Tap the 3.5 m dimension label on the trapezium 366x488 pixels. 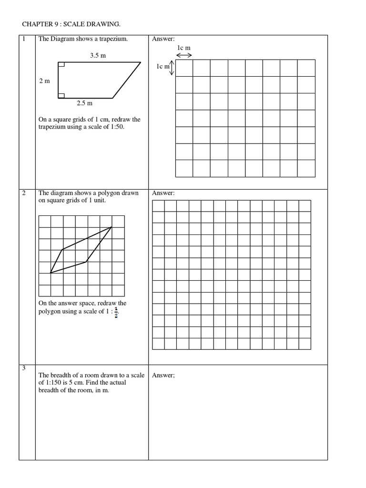[x=98, y=56]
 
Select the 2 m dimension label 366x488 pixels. [x=44, y=81]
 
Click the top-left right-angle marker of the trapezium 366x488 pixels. [x=61, y=64]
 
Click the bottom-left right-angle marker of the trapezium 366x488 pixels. [x=61, y=95]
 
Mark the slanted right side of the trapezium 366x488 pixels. [x=127, y=80]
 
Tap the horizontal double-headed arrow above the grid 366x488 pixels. [x=184, y=55]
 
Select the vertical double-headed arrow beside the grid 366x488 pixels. [x=173, y=67]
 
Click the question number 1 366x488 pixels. [x=22, y=39]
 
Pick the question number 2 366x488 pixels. [x=22, y=193]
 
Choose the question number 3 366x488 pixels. [x=22, y=368]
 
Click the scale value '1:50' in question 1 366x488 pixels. [x=115, y=127]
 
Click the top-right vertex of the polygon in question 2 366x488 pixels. [x=112, y=227]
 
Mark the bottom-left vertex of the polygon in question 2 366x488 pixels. [x=51, y=273]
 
